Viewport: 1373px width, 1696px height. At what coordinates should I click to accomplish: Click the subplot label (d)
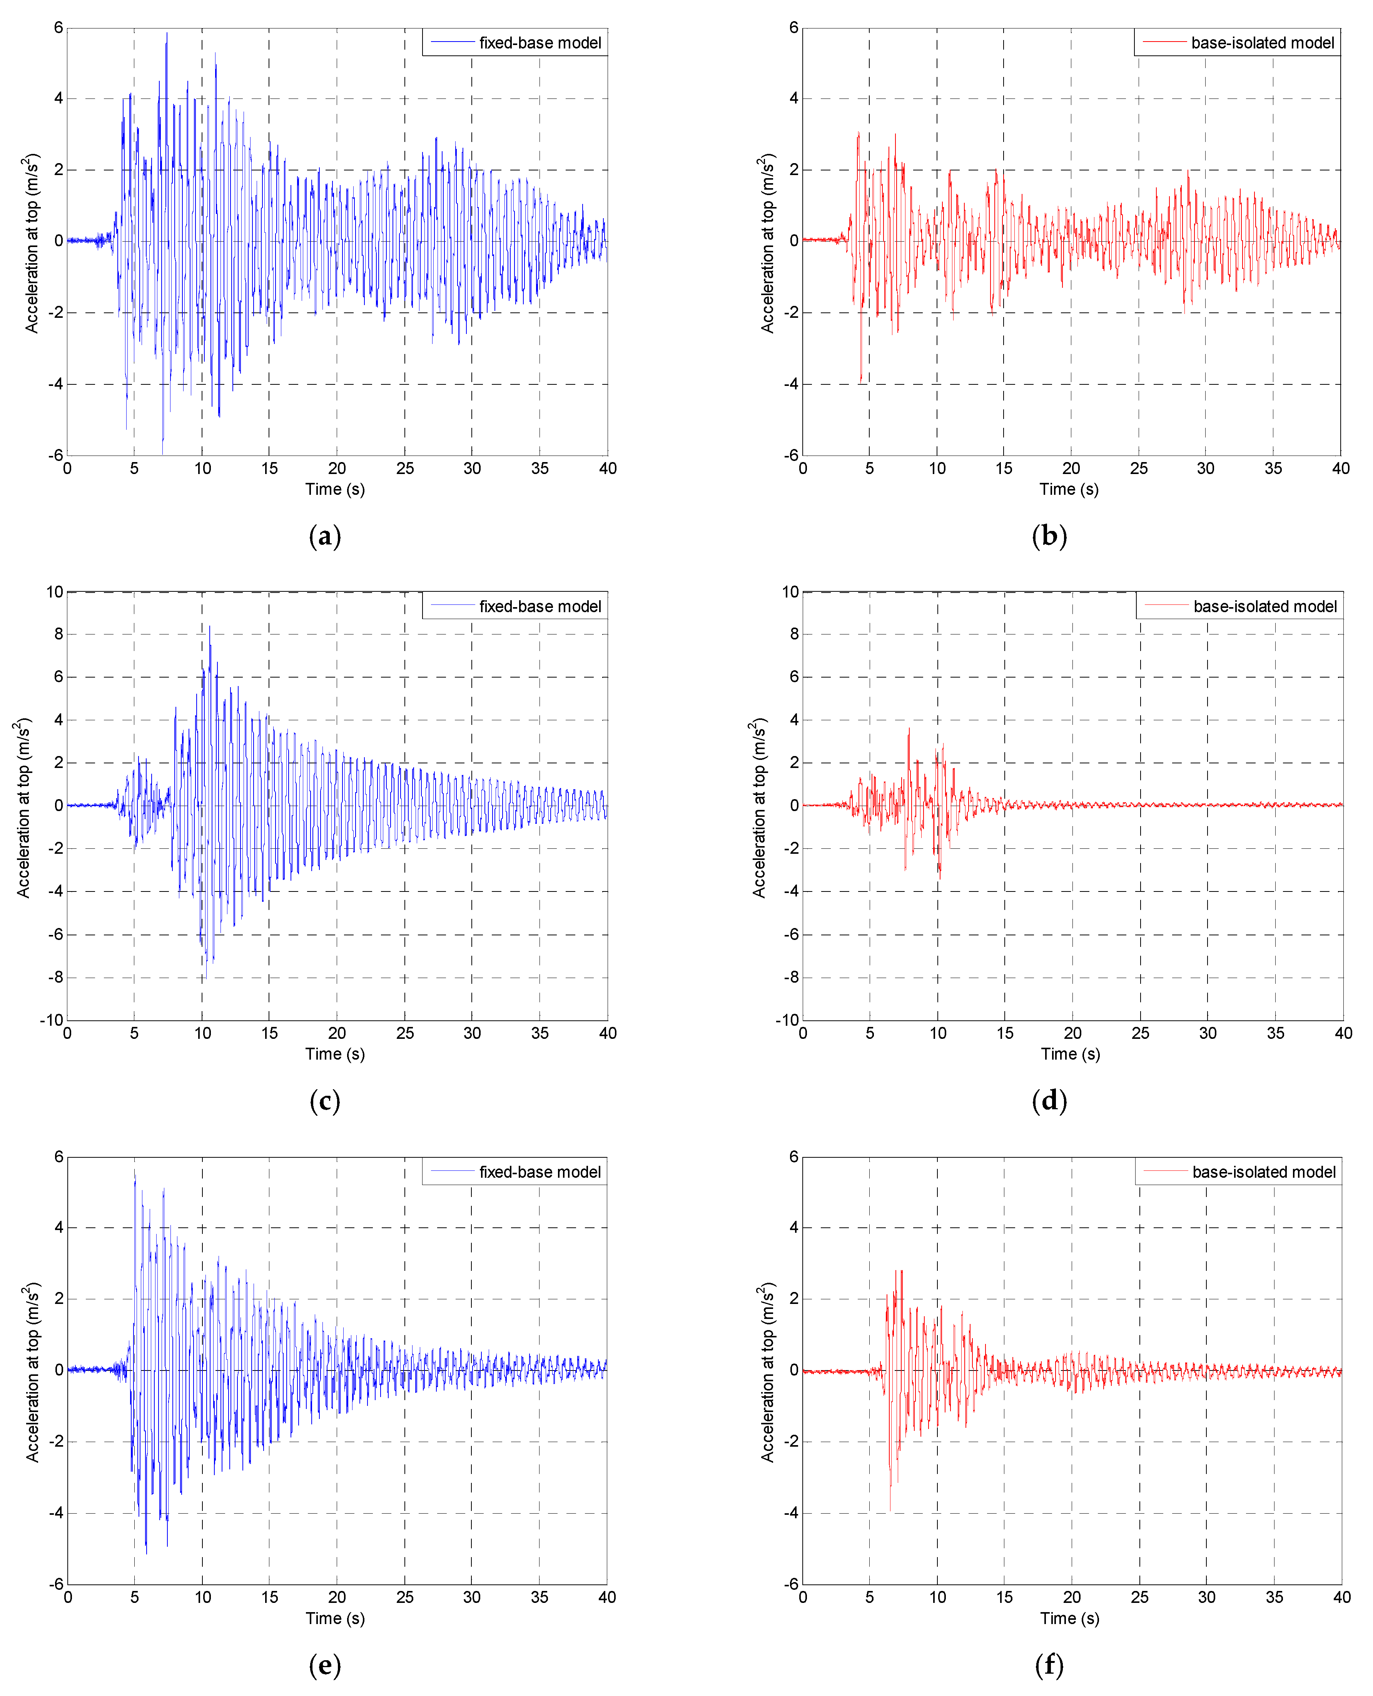pyautogui.click(x=1049, y=1101)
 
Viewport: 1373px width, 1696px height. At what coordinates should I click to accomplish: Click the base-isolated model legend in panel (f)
pyautogui.click(x=1239, y=1172)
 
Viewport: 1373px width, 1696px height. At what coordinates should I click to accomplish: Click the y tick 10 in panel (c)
pyautogui.click(x=55, y=592)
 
